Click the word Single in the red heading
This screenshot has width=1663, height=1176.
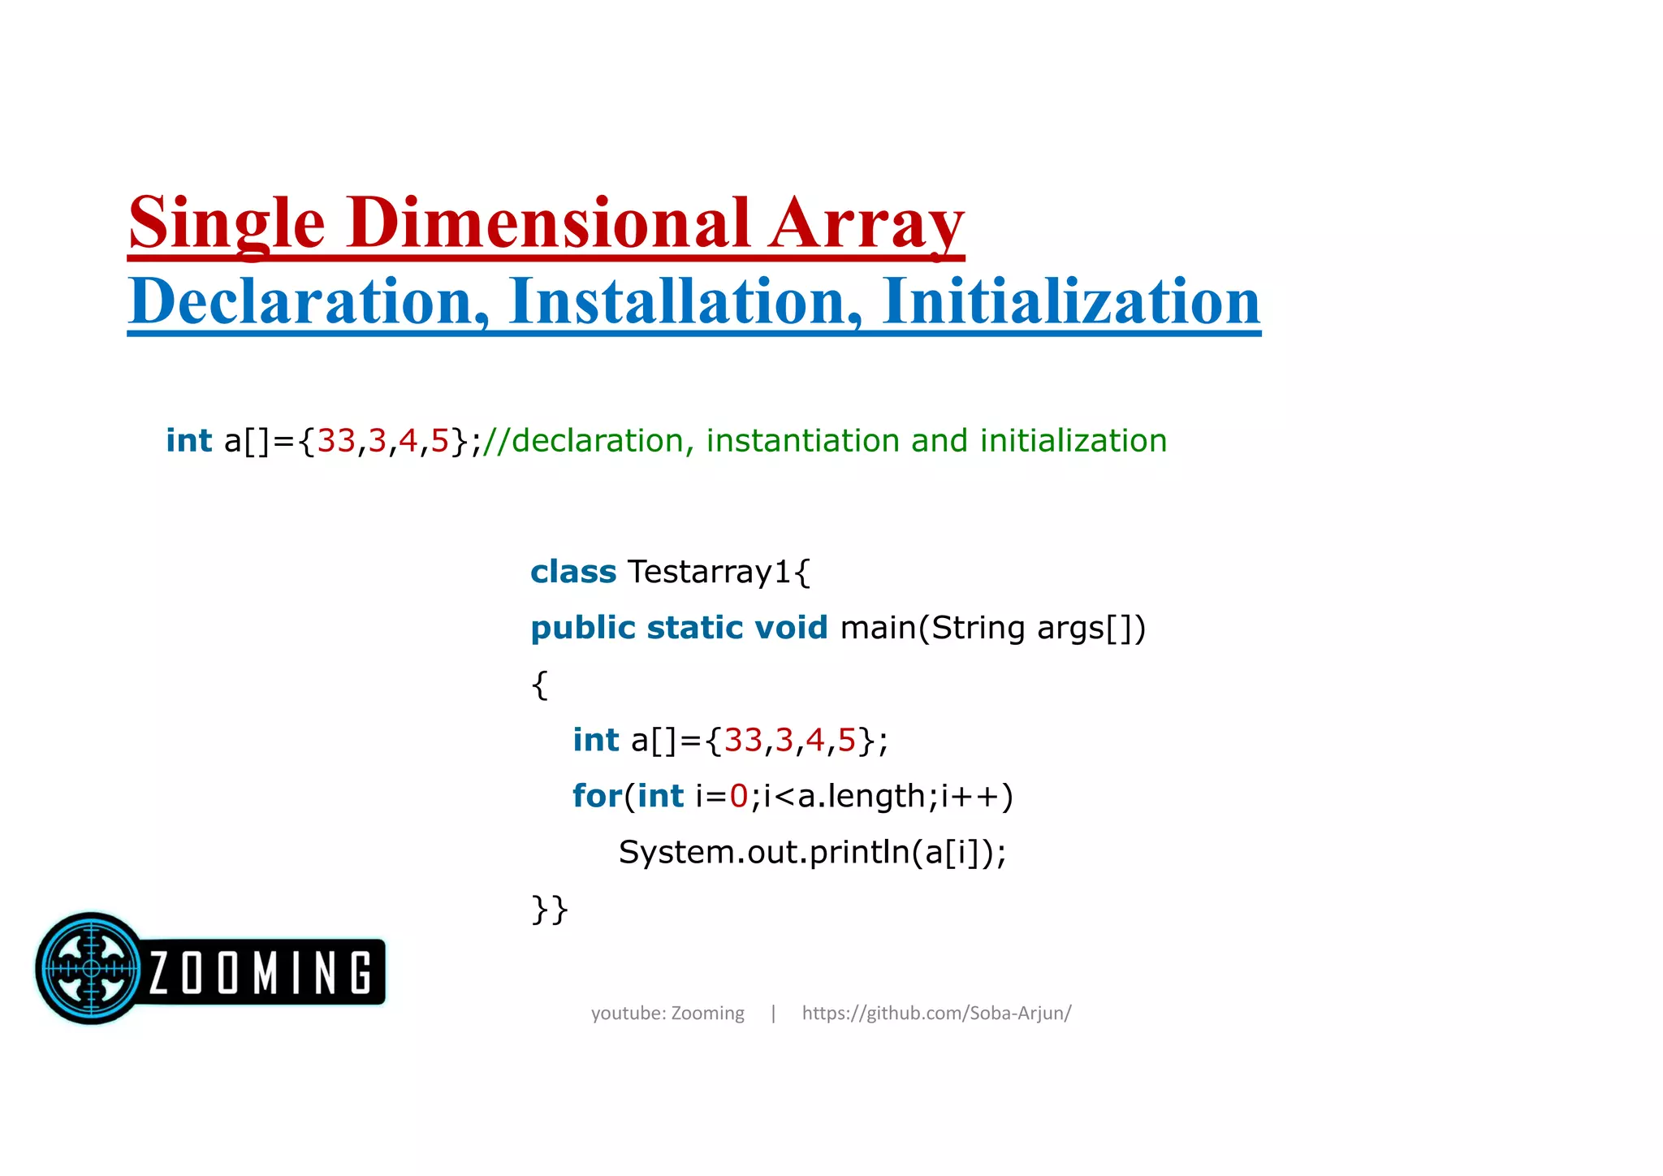[x=227, y=223]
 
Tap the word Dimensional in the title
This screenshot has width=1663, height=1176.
[x=548, y=223]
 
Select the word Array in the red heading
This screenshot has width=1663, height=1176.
[x=866, y=223]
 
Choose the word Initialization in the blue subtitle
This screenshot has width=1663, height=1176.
[x=1071, y=302]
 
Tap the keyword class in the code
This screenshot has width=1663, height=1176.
[x=573, y=573]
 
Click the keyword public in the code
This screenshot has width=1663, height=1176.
[x=582, y=629]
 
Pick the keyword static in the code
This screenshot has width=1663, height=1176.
[x=694, y=629]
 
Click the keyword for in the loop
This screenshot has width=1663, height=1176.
[x=597, y=796]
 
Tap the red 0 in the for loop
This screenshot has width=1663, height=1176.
[x=738, y=797]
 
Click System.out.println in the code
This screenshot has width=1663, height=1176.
[x=763, y=853]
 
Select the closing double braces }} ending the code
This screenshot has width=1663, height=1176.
[x=550, y=910]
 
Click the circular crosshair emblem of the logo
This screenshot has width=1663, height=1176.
[x=91, y=968]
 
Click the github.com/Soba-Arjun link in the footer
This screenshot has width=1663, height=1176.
[x=936, y=1014]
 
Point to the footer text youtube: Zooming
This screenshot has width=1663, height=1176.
[x=667, y=1014]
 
